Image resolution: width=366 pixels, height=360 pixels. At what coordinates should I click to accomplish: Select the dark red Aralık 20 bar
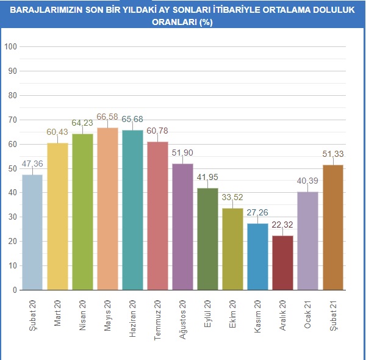tap(282, 262)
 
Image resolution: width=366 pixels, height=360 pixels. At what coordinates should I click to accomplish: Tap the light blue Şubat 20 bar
tap(32, 232)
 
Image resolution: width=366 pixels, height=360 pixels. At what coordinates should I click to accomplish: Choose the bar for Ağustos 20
tap(182, 226)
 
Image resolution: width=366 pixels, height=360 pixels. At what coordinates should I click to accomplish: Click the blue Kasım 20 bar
tap(257, 256)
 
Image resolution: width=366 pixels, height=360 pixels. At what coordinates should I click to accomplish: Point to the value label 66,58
tap(108, 117)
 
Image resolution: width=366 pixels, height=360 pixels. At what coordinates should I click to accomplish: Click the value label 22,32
tap(282, 225)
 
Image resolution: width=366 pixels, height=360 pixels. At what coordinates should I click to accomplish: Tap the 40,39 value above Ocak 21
tap(307, 181)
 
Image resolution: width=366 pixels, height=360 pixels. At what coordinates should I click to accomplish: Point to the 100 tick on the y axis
tap(10, 46)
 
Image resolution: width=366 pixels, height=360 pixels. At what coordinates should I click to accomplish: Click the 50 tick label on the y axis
tap(12, 168)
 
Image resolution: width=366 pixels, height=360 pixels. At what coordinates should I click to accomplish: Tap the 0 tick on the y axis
tap(14, 290)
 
